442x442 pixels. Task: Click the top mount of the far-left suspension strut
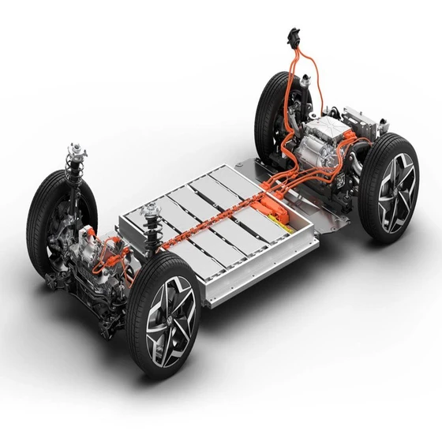[x=77, y=150]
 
